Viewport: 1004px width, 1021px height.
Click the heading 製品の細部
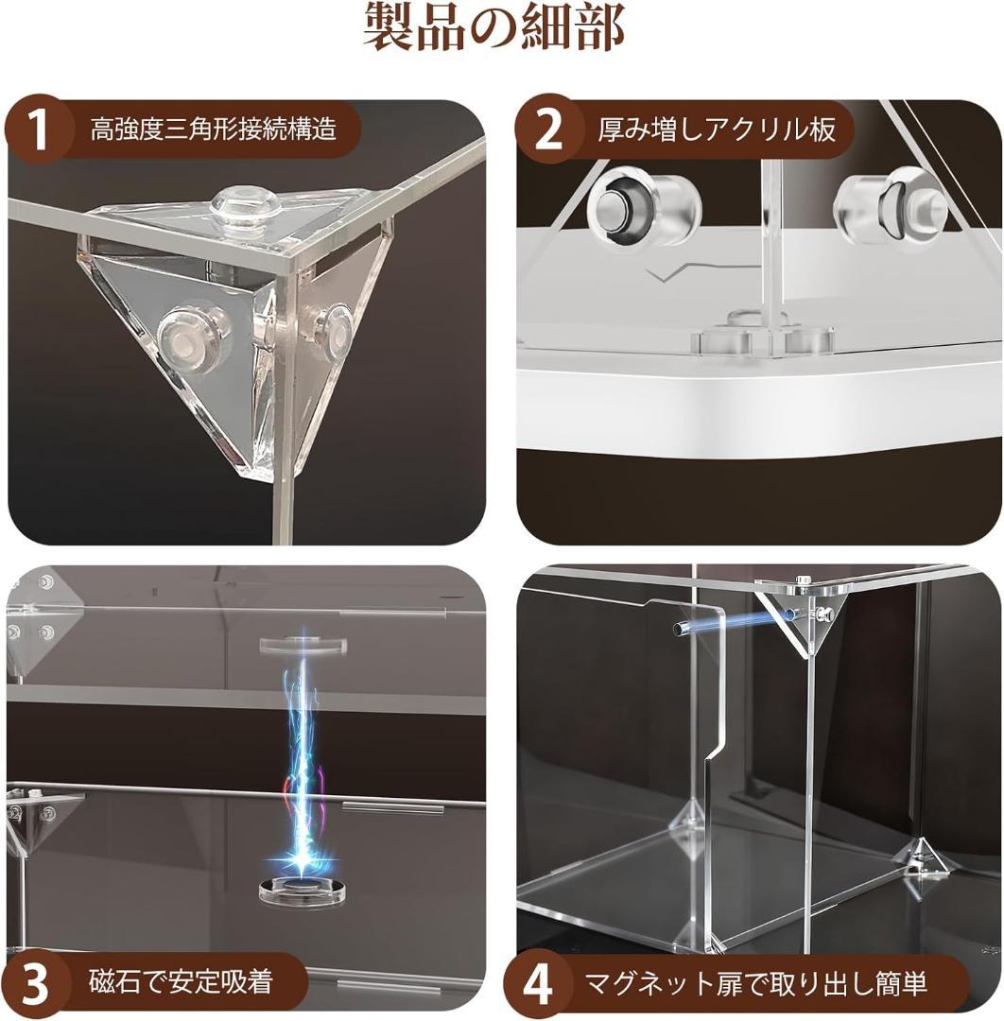494,28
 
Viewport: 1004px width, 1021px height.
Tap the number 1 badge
38,130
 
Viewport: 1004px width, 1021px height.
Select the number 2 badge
549,130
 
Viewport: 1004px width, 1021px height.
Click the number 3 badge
35,982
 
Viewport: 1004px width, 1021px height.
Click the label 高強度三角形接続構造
213,130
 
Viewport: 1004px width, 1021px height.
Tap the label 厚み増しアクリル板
717,130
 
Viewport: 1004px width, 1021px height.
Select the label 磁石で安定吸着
180,982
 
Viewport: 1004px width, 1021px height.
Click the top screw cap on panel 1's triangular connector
243,203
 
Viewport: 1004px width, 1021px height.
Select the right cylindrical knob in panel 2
889,205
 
